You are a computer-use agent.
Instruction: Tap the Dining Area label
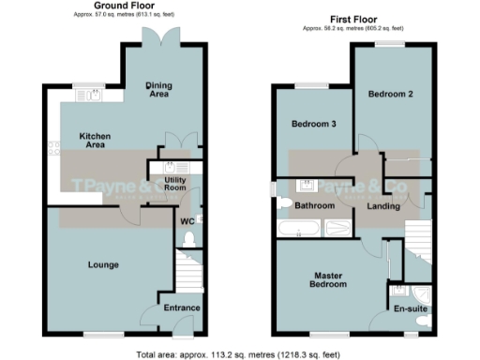[x=160, y=90]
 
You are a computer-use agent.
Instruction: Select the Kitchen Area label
[x=95, y=142]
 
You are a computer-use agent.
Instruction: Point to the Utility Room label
[x=175, y=183]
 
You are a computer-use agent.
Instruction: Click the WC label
[x=187, y=222]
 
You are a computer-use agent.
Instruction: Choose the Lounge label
[x=103, y=265]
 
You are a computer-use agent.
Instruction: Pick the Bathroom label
[x=315, y=205]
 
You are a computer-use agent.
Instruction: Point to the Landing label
[x=385, y=206]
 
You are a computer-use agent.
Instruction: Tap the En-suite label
[x=410, y=307]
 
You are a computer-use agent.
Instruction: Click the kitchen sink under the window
[x=93, y=96]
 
